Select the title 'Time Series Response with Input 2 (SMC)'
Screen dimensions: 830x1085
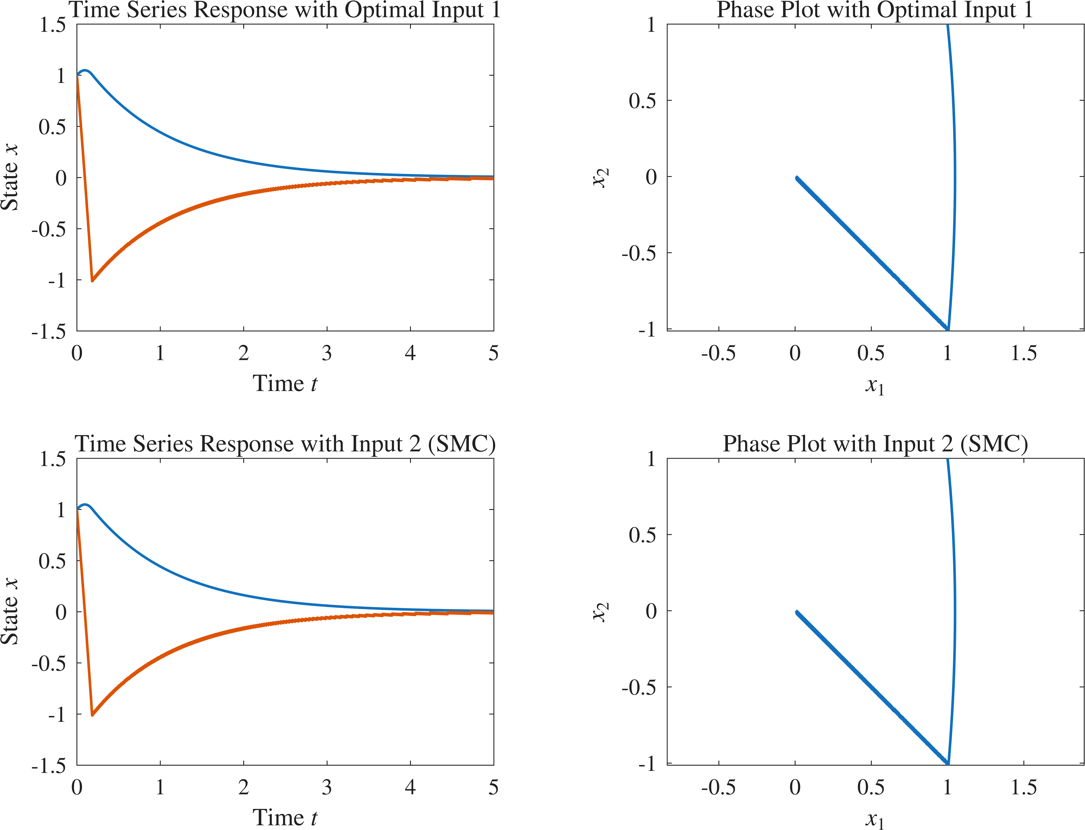click(x=285, y=444)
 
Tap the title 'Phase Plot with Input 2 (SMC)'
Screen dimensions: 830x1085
click(x=875, y=444)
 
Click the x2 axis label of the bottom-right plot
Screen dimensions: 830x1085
click(x=601, y=612)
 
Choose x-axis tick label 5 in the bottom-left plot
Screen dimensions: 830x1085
click(x=493, y=788)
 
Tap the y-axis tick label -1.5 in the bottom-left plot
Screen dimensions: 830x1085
click(x=48, y=766)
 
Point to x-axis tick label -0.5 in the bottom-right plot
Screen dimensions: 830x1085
click(x=718, y=788)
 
